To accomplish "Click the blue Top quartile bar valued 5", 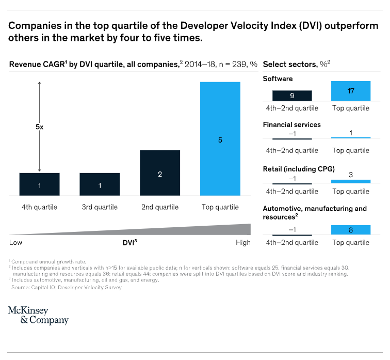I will tap(220, 138).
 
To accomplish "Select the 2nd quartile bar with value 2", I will tap(160, 173).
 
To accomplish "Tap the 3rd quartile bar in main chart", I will tap(100, 184).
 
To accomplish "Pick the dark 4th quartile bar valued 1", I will tap(40, 184).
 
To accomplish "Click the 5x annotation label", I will tap(40, 127).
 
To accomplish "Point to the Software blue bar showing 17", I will tap(351, 91).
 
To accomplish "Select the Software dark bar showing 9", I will tap(292, 96).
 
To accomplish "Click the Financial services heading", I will tap(291, 124).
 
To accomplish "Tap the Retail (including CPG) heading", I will tap(299, 169).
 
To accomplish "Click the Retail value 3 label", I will tap(351, 175).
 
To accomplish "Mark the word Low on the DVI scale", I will tap(16, 242).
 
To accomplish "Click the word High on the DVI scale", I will tap(242, 242).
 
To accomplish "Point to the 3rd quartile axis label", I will tap(100, 207).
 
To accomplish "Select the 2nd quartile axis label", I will tap(160, 207).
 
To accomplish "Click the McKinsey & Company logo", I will tap(38, 315).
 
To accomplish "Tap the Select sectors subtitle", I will tap(296, 65).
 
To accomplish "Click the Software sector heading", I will tap(278, 79).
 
